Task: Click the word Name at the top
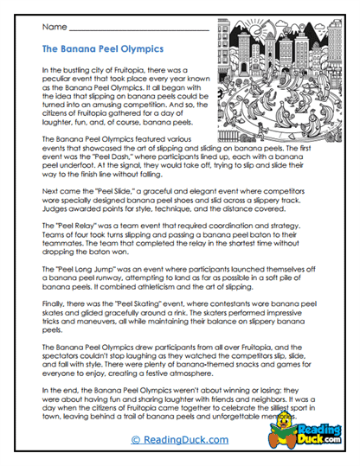coord(51,28)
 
